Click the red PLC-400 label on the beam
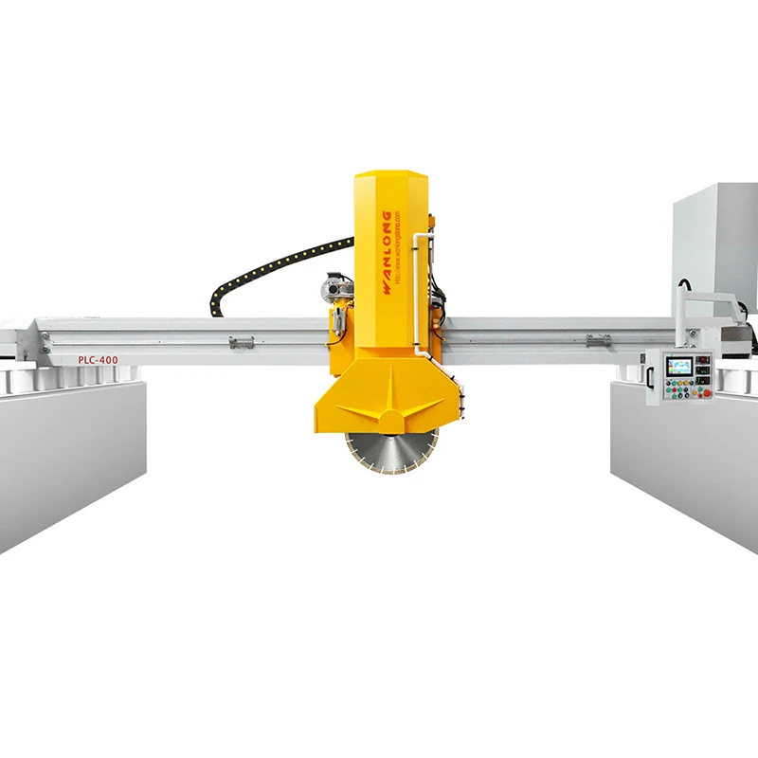pyautogui.click(x=98, y=360)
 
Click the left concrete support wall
pyautogui.click(x=71, y=455)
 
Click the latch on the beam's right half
pyautogui.click(x=598, y=340)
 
